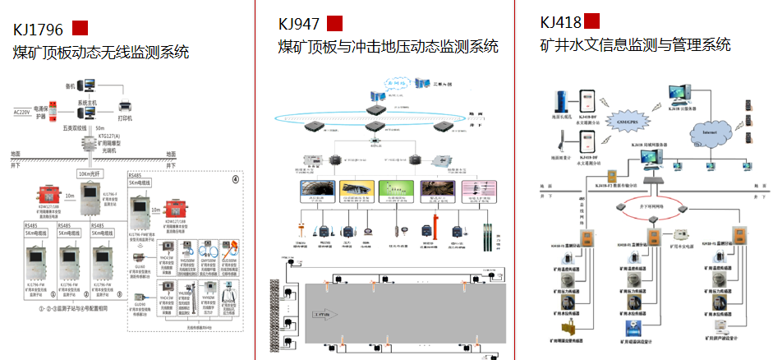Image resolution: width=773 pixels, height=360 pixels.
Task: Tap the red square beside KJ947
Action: [x=334, y=23]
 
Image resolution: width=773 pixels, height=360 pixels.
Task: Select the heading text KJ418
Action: [x=561, y=21]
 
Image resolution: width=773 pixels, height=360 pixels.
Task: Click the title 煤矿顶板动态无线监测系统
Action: [x=101, y=53]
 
